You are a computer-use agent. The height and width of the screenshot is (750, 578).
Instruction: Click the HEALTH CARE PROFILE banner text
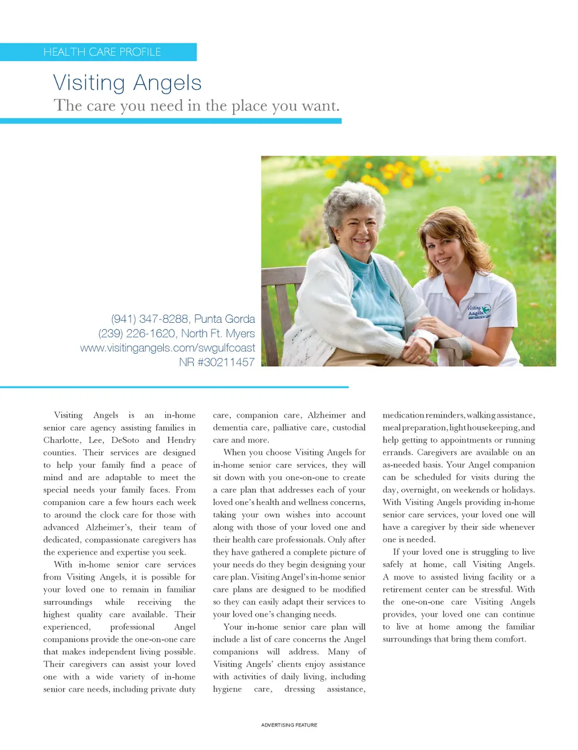(x=102, y=52)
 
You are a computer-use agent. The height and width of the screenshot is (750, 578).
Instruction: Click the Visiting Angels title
(x=127, y=83)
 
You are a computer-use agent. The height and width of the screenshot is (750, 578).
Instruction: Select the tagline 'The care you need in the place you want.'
(x=196, y=106)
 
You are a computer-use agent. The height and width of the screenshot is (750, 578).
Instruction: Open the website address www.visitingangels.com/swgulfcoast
(x=167, y=348)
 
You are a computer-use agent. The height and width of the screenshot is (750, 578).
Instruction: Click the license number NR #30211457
(x=217, y=362)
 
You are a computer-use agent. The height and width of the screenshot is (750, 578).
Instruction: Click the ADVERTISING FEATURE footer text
(x=289, y=725)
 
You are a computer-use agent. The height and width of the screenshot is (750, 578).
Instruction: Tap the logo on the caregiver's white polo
(x=479, y=310)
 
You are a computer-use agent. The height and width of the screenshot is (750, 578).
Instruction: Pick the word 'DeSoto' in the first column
(x=125, y=440)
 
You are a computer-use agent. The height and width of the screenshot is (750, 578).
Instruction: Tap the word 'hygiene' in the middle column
(x=227, y=689)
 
